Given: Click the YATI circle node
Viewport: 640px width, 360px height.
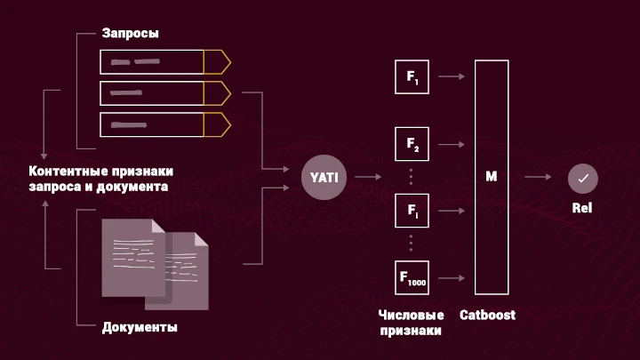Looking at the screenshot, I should (324, 177).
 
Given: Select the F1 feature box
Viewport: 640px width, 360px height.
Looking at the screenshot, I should (412, 77).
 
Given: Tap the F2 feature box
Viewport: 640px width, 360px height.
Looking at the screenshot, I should (412, 143).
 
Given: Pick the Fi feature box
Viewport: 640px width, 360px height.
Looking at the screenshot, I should (412, 211).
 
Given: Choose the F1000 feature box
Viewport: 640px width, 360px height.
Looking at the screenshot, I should (412, 277).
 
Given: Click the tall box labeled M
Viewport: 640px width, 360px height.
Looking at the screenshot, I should (492, 177).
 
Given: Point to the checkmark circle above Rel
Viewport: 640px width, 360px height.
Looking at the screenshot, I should (583, 178).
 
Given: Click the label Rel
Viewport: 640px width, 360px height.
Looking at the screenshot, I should (583, 208).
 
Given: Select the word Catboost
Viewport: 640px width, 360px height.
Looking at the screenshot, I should (487, 316).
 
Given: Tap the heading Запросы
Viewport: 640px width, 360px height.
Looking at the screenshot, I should (131, 34).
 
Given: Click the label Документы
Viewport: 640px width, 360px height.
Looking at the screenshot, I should (140, 327).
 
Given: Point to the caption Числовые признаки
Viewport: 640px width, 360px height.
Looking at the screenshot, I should (410, 323).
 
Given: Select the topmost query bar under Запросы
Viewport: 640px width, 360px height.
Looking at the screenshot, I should (164, 61).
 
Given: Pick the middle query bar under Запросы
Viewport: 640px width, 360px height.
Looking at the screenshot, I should (164, 93).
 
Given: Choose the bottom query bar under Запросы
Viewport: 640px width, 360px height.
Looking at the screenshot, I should (164, 124).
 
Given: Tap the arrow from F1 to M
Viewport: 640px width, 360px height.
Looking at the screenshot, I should (452, 77).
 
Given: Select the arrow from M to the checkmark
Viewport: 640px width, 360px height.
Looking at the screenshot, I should (537, 178).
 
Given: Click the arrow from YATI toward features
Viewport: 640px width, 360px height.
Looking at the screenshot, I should (367, 177).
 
